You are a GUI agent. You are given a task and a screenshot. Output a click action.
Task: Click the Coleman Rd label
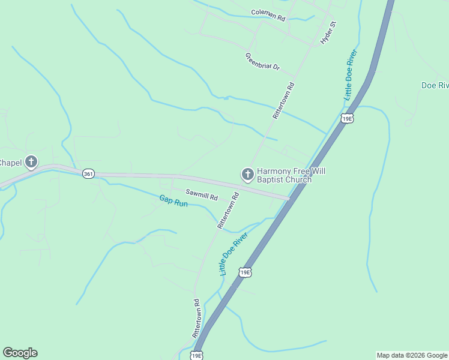[x=268, y=15]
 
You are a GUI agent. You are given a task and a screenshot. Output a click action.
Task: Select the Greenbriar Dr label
[x=262, y=61]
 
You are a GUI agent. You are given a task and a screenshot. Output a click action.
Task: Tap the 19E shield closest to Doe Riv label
[x=346, y=118]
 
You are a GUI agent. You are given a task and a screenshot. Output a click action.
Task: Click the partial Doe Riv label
[x=435, y=85]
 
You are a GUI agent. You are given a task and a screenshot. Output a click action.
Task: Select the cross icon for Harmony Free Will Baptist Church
[x=247, y=175]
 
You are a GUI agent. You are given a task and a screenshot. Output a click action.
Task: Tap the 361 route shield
[x=88, y=174]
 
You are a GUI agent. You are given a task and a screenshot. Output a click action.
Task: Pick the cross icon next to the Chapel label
[x=31, y=162]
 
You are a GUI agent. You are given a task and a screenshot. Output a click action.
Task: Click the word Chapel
[x=11, y=163]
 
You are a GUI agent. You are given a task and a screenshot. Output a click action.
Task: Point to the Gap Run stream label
[x=173, y=201]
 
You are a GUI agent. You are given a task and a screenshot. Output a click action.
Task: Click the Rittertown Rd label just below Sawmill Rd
[x=228, y=211]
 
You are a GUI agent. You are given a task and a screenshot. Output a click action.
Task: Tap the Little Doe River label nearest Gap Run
[x=233, y=255]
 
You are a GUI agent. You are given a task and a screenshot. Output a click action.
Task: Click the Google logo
[x=20, y=353]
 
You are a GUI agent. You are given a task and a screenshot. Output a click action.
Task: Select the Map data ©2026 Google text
[x=412, y=355]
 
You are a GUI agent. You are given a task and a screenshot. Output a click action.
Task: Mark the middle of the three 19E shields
[x=244, y=272]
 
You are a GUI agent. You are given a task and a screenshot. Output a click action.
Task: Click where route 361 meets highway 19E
[x=289, y=197]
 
